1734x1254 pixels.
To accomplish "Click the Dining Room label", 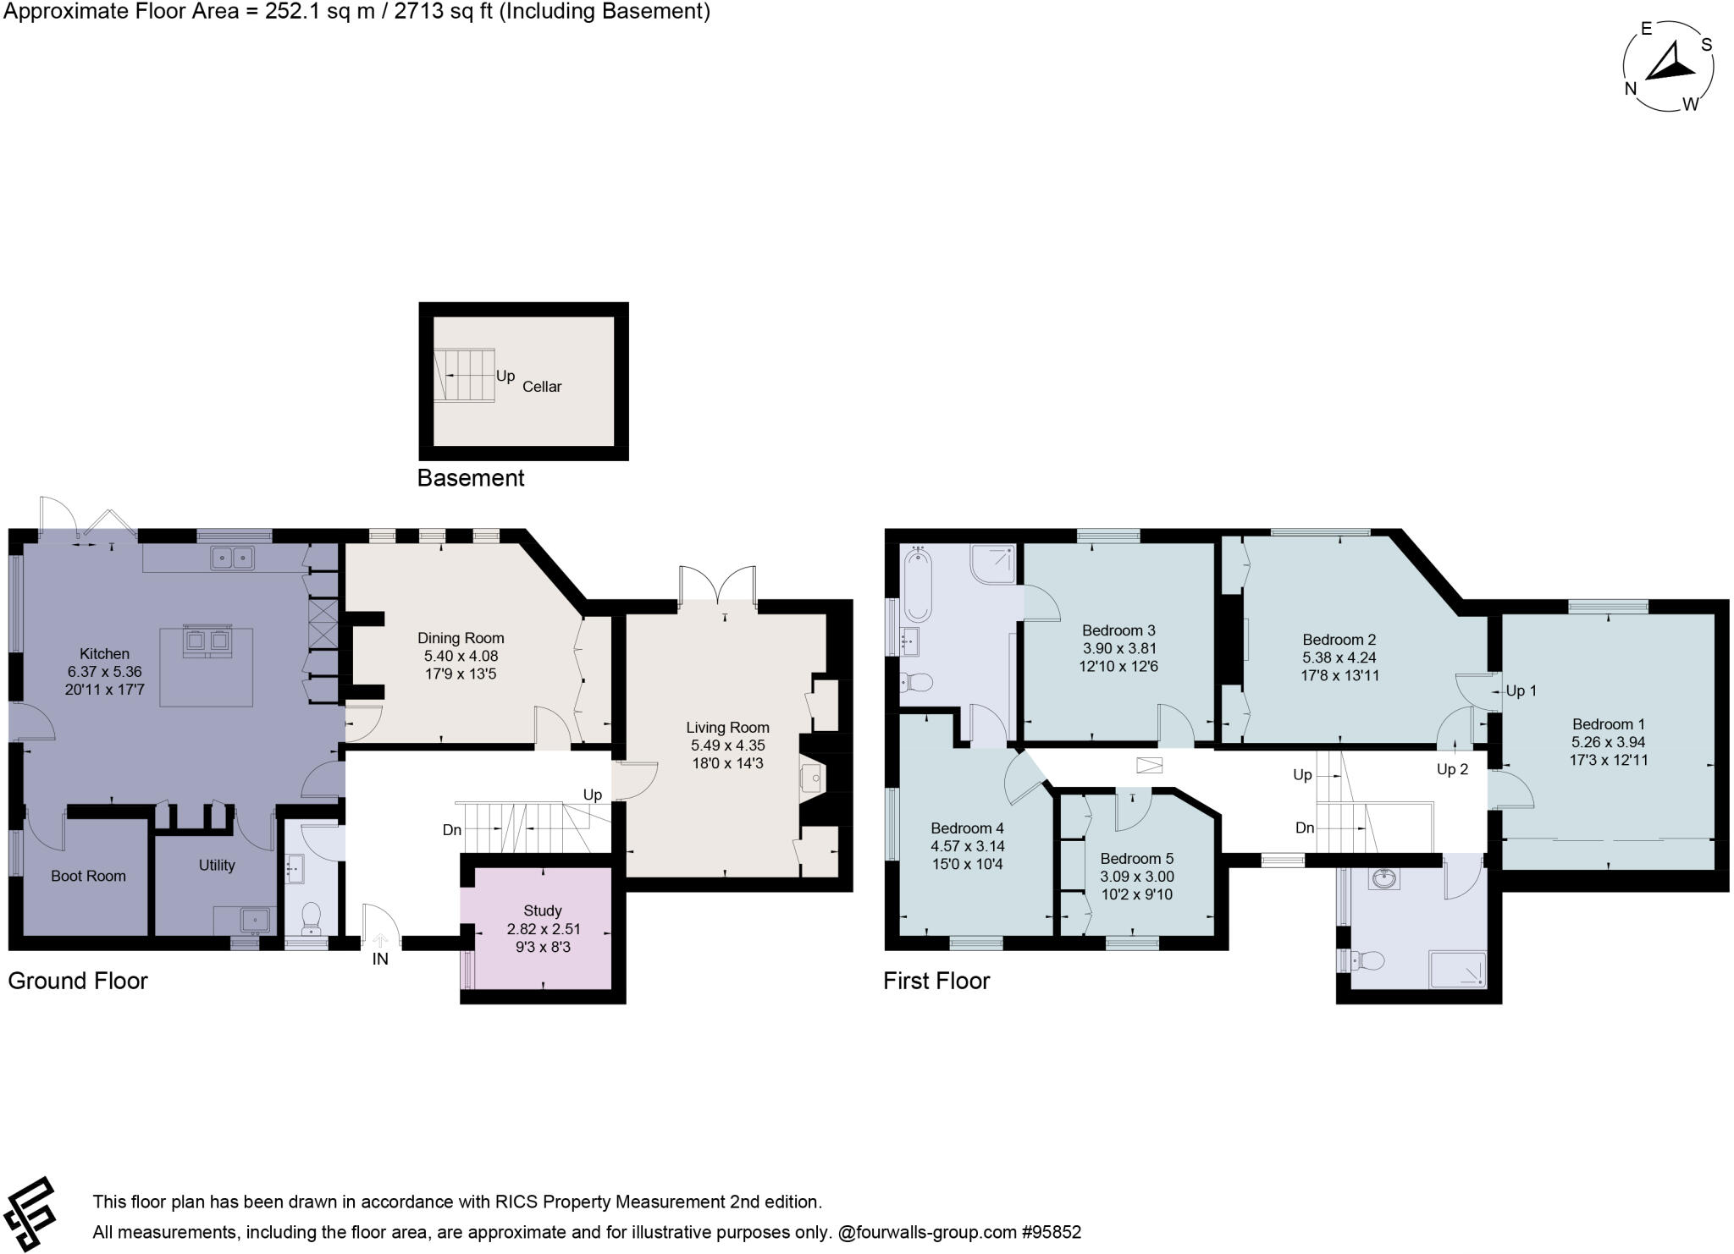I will point(461,638).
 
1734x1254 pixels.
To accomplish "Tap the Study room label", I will point(542,910).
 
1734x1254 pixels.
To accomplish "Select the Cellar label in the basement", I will point(542,387).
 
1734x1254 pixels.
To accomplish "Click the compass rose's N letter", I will point(1630,89).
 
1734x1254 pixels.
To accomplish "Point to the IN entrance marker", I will point(380,959).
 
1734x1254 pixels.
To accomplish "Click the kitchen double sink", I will point(233,558).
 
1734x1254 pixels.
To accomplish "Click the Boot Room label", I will point(88,876).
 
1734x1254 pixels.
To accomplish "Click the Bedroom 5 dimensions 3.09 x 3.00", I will point(1136,877).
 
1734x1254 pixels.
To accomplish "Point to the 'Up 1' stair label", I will point(1521,690).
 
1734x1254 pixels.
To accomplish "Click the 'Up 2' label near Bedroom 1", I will point(1452,769).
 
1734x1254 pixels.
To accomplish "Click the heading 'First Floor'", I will point(936,981).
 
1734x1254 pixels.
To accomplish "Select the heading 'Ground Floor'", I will point(78,981).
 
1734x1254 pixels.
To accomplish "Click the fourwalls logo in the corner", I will point(30,1212).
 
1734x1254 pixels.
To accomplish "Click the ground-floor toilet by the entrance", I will point(311,916).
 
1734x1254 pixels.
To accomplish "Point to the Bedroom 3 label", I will point(1118,630).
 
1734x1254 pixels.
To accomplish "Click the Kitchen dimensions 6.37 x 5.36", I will point(104,671).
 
